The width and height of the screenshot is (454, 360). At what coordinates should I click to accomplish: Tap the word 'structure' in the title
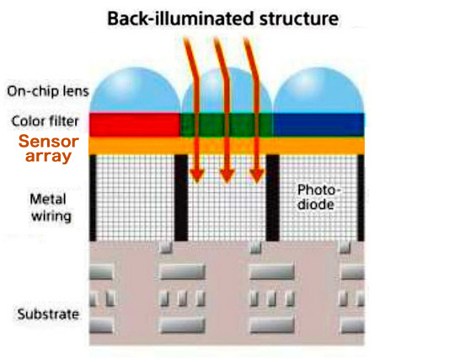(x=299, y=19)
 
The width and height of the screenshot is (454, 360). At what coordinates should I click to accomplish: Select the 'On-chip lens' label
(x=48, y=91)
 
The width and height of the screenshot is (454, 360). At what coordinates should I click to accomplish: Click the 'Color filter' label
(x=45, y=121)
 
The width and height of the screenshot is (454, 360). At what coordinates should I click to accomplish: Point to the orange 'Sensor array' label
(x=48, y=148)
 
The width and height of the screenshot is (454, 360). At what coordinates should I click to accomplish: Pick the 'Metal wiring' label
(x=51, y=208)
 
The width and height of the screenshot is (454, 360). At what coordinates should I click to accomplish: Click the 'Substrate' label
(x=48, y=314)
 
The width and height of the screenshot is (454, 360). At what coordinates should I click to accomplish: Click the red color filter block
(x=135, y=125)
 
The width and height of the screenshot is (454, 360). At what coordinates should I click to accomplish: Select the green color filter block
(x=226, y=125)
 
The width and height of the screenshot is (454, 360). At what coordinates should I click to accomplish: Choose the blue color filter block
(x=318, y=125)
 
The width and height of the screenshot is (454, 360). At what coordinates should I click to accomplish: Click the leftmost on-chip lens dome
(x=136, y=90)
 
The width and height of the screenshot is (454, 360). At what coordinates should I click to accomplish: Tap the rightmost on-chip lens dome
(x=318, y=90)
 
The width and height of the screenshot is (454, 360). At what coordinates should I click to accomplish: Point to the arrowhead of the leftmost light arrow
(x=197, y=175)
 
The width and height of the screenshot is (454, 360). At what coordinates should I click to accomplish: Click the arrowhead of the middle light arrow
(x=227, y=175)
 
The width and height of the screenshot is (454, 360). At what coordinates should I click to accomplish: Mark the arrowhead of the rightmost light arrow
(x=257, y=175)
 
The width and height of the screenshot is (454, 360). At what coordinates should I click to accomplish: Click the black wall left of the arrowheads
(x=181, y=197)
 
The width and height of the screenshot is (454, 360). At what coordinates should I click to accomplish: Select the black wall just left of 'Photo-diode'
(x=272, y=197)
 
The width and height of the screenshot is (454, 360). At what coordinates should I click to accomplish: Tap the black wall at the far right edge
(x=361, y=197)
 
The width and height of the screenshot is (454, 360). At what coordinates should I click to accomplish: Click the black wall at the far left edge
(x=93, y=197)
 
